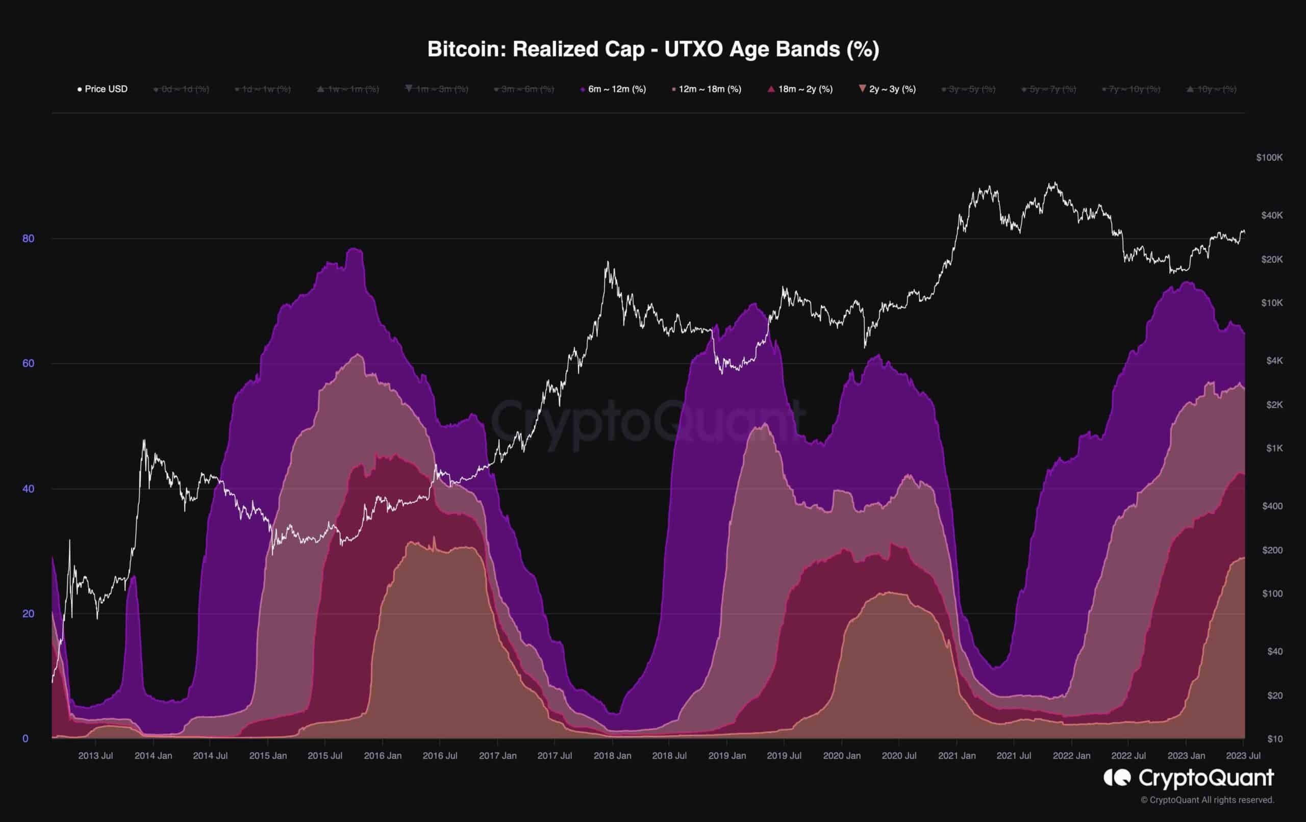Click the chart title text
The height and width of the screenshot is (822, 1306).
tap(653, 49)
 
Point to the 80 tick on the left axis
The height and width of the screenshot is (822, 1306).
tap(28, 239)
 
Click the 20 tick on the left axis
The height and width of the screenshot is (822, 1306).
tap(28, 614)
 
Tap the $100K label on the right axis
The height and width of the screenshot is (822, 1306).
tap(1269, 158)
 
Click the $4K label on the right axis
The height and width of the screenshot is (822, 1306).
tap(1274, 361)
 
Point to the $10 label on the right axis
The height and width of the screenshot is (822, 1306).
tap(1274, 739)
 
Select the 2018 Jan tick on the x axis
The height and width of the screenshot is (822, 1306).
tap(612, 755)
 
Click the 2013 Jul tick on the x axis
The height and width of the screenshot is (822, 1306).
tap(95, 755)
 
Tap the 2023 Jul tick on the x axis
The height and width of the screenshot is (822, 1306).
tap(1244, 755)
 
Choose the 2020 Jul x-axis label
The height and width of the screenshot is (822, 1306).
tap(899, 755)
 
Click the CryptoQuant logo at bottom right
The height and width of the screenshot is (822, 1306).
tap(1188, 778)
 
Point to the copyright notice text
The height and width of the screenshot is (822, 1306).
tap(1207, 800)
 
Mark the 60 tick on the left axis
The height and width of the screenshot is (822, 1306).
tap(28, 363)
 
